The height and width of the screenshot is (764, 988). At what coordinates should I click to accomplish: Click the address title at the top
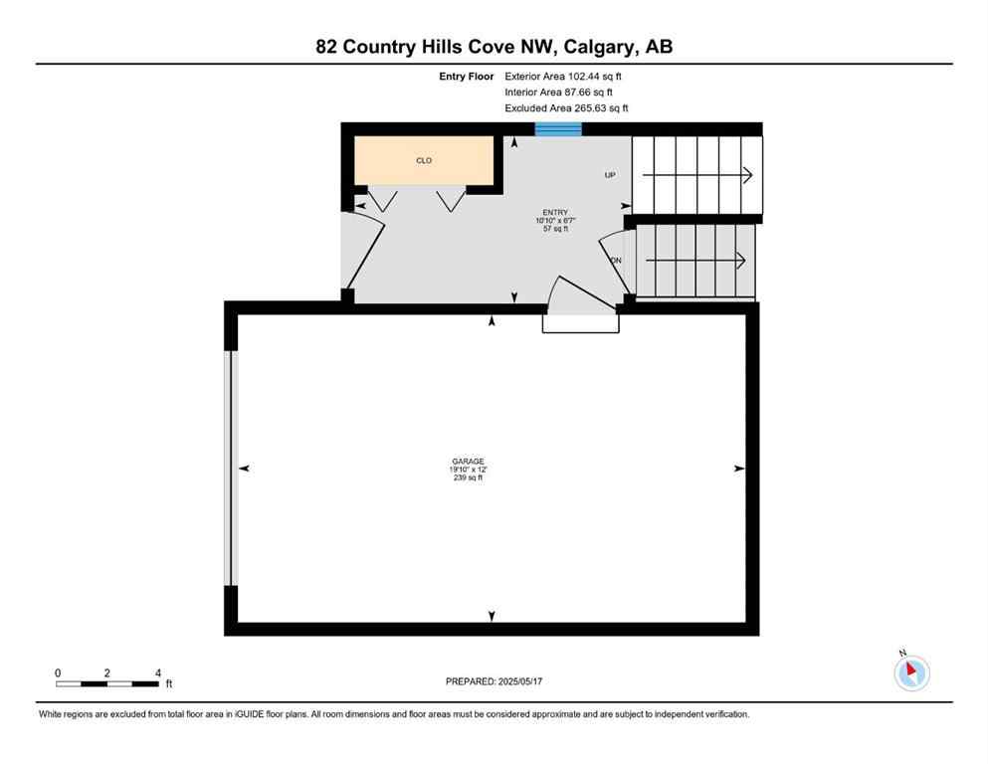494,47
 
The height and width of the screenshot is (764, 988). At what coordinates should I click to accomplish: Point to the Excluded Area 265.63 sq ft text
566,107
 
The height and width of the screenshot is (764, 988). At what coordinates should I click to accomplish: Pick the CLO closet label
424,160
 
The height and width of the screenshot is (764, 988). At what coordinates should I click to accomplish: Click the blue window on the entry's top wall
558,128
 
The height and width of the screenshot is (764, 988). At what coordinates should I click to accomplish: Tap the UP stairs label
610,175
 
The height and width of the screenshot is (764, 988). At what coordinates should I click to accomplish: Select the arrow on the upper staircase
697,175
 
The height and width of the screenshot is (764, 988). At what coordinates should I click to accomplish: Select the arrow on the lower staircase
695,261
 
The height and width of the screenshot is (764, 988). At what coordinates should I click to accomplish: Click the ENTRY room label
554,212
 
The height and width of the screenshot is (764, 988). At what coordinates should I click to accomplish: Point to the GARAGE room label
468,462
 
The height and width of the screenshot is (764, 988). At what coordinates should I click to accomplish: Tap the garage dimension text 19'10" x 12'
468,471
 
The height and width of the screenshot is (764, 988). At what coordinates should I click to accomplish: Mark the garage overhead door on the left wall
231,468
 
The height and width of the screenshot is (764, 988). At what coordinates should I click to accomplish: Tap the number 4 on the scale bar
158,673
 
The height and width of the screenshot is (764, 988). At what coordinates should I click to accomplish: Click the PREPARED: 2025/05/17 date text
494,681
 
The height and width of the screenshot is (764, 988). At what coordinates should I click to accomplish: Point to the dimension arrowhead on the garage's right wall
738,468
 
